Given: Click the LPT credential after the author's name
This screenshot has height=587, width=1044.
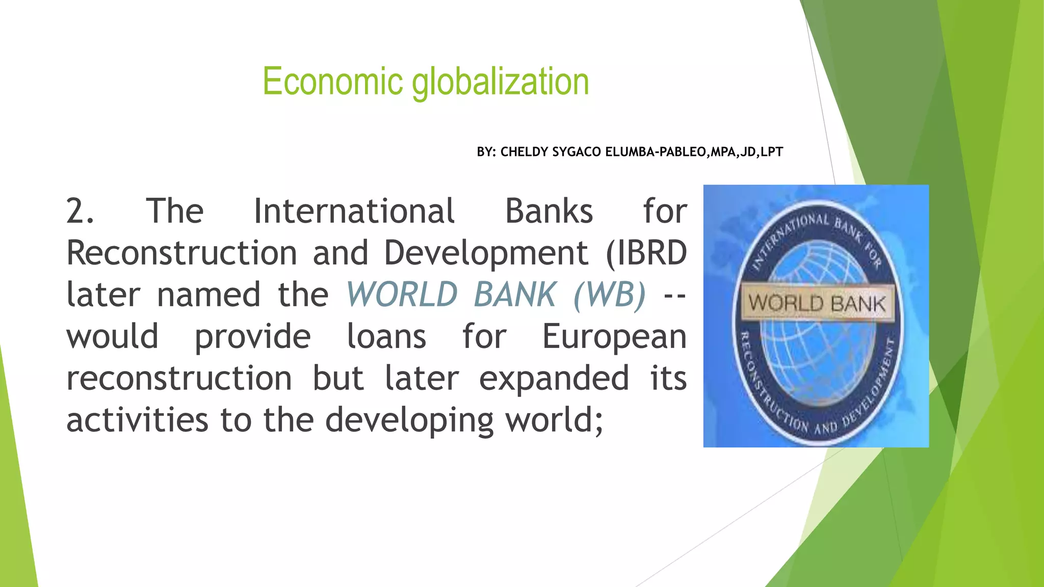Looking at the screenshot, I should point(771,152).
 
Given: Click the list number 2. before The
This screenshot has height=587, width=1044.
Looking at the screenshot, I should point(80,211).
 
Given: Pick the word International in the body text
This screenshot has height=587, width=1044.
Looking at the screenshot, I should point(354,211).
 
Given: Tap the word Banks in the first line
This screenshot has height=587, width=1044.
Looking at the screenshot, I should point(549,211).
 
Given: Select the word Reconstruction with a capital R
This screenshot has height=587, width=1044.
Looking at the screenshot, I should point(182,253).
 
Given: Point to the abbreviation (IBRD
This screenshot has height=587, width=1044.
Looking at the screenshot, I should point(646,253).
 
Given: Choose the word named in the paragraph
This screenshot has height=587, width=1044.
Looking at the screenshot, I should point(209,295).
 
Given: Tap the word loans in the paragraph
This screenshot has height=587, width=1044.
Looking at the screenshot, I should point(386,336).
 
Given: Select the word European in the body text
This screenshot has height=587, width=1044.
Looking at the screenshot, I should point(614,337).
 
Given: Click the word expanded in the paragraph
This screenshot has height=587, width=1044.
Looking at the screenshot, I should point(554,379).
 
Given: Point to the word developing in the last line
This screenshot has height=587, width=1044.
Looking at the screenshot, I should point(409,421).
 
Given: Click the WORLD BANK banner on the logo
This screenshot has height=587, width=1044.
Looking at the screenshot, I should point(817,303).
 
